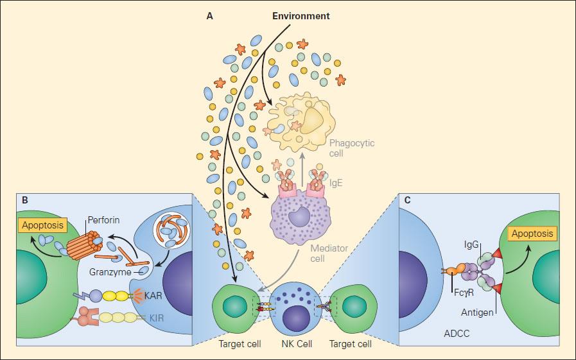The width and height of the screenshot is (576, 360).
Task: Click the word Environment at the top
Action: pos(301,15)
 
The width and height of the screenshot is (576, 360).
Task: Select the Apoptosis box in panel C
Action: pos(531,234)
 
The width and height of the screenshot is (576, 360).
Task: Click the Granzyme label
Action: pos(107,272)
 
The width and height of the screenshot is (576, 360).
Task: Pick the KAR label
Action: pos(152,296)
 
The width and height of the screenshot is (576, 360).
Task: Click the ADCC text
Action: pos(455,334)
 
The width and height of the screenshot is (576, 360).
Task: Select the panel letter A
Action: pos(209,16)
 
